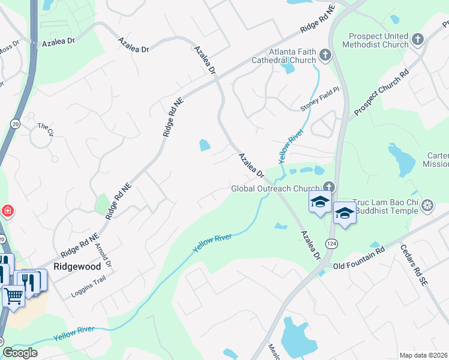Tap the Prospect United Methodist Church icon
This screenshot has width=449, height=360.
tap(418, 40)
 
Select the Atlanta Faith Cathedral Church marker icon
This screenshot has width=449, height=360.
tap(325, 56)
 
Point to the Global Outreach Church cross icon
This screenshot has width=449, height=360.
tap(328, 187)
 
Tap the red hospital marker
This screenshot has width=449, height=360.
tap(7, 211)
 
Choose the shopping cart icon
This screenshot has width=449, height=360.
tap(13, 295)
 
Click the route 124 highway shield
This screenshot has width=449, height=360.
tap(331, 243)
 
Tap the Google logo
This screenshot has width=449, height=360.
tap(20, 353)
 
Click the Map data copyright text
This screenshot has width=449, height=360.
tap(423, 355)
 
